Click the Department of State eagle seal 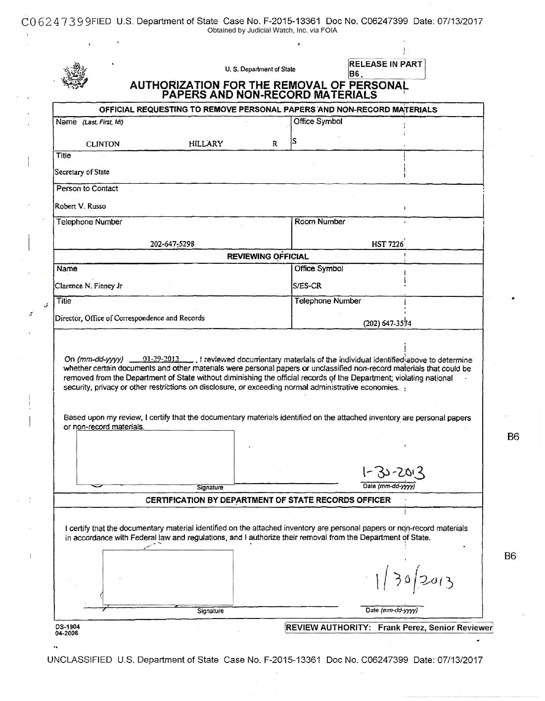click(75, 75)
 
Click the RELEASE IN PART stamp click(386, 69)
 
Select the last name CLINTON click(102, 144)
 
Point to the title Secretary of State click(82, 172)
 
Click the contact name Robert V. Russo click(80, 206)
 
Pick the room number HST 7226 click(388, 244)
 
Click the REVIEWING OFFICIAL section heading click(267, 256)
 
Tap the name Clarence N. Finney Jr click(89, 286)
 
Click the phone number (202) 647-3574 click(388, 324)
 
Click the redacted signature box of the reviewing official click(155, 457)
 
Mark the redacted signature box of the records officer click(167, 577)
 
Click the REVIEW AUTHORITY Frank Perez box click(389, 628)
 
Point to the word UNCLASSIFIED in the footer click(80, 660)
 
